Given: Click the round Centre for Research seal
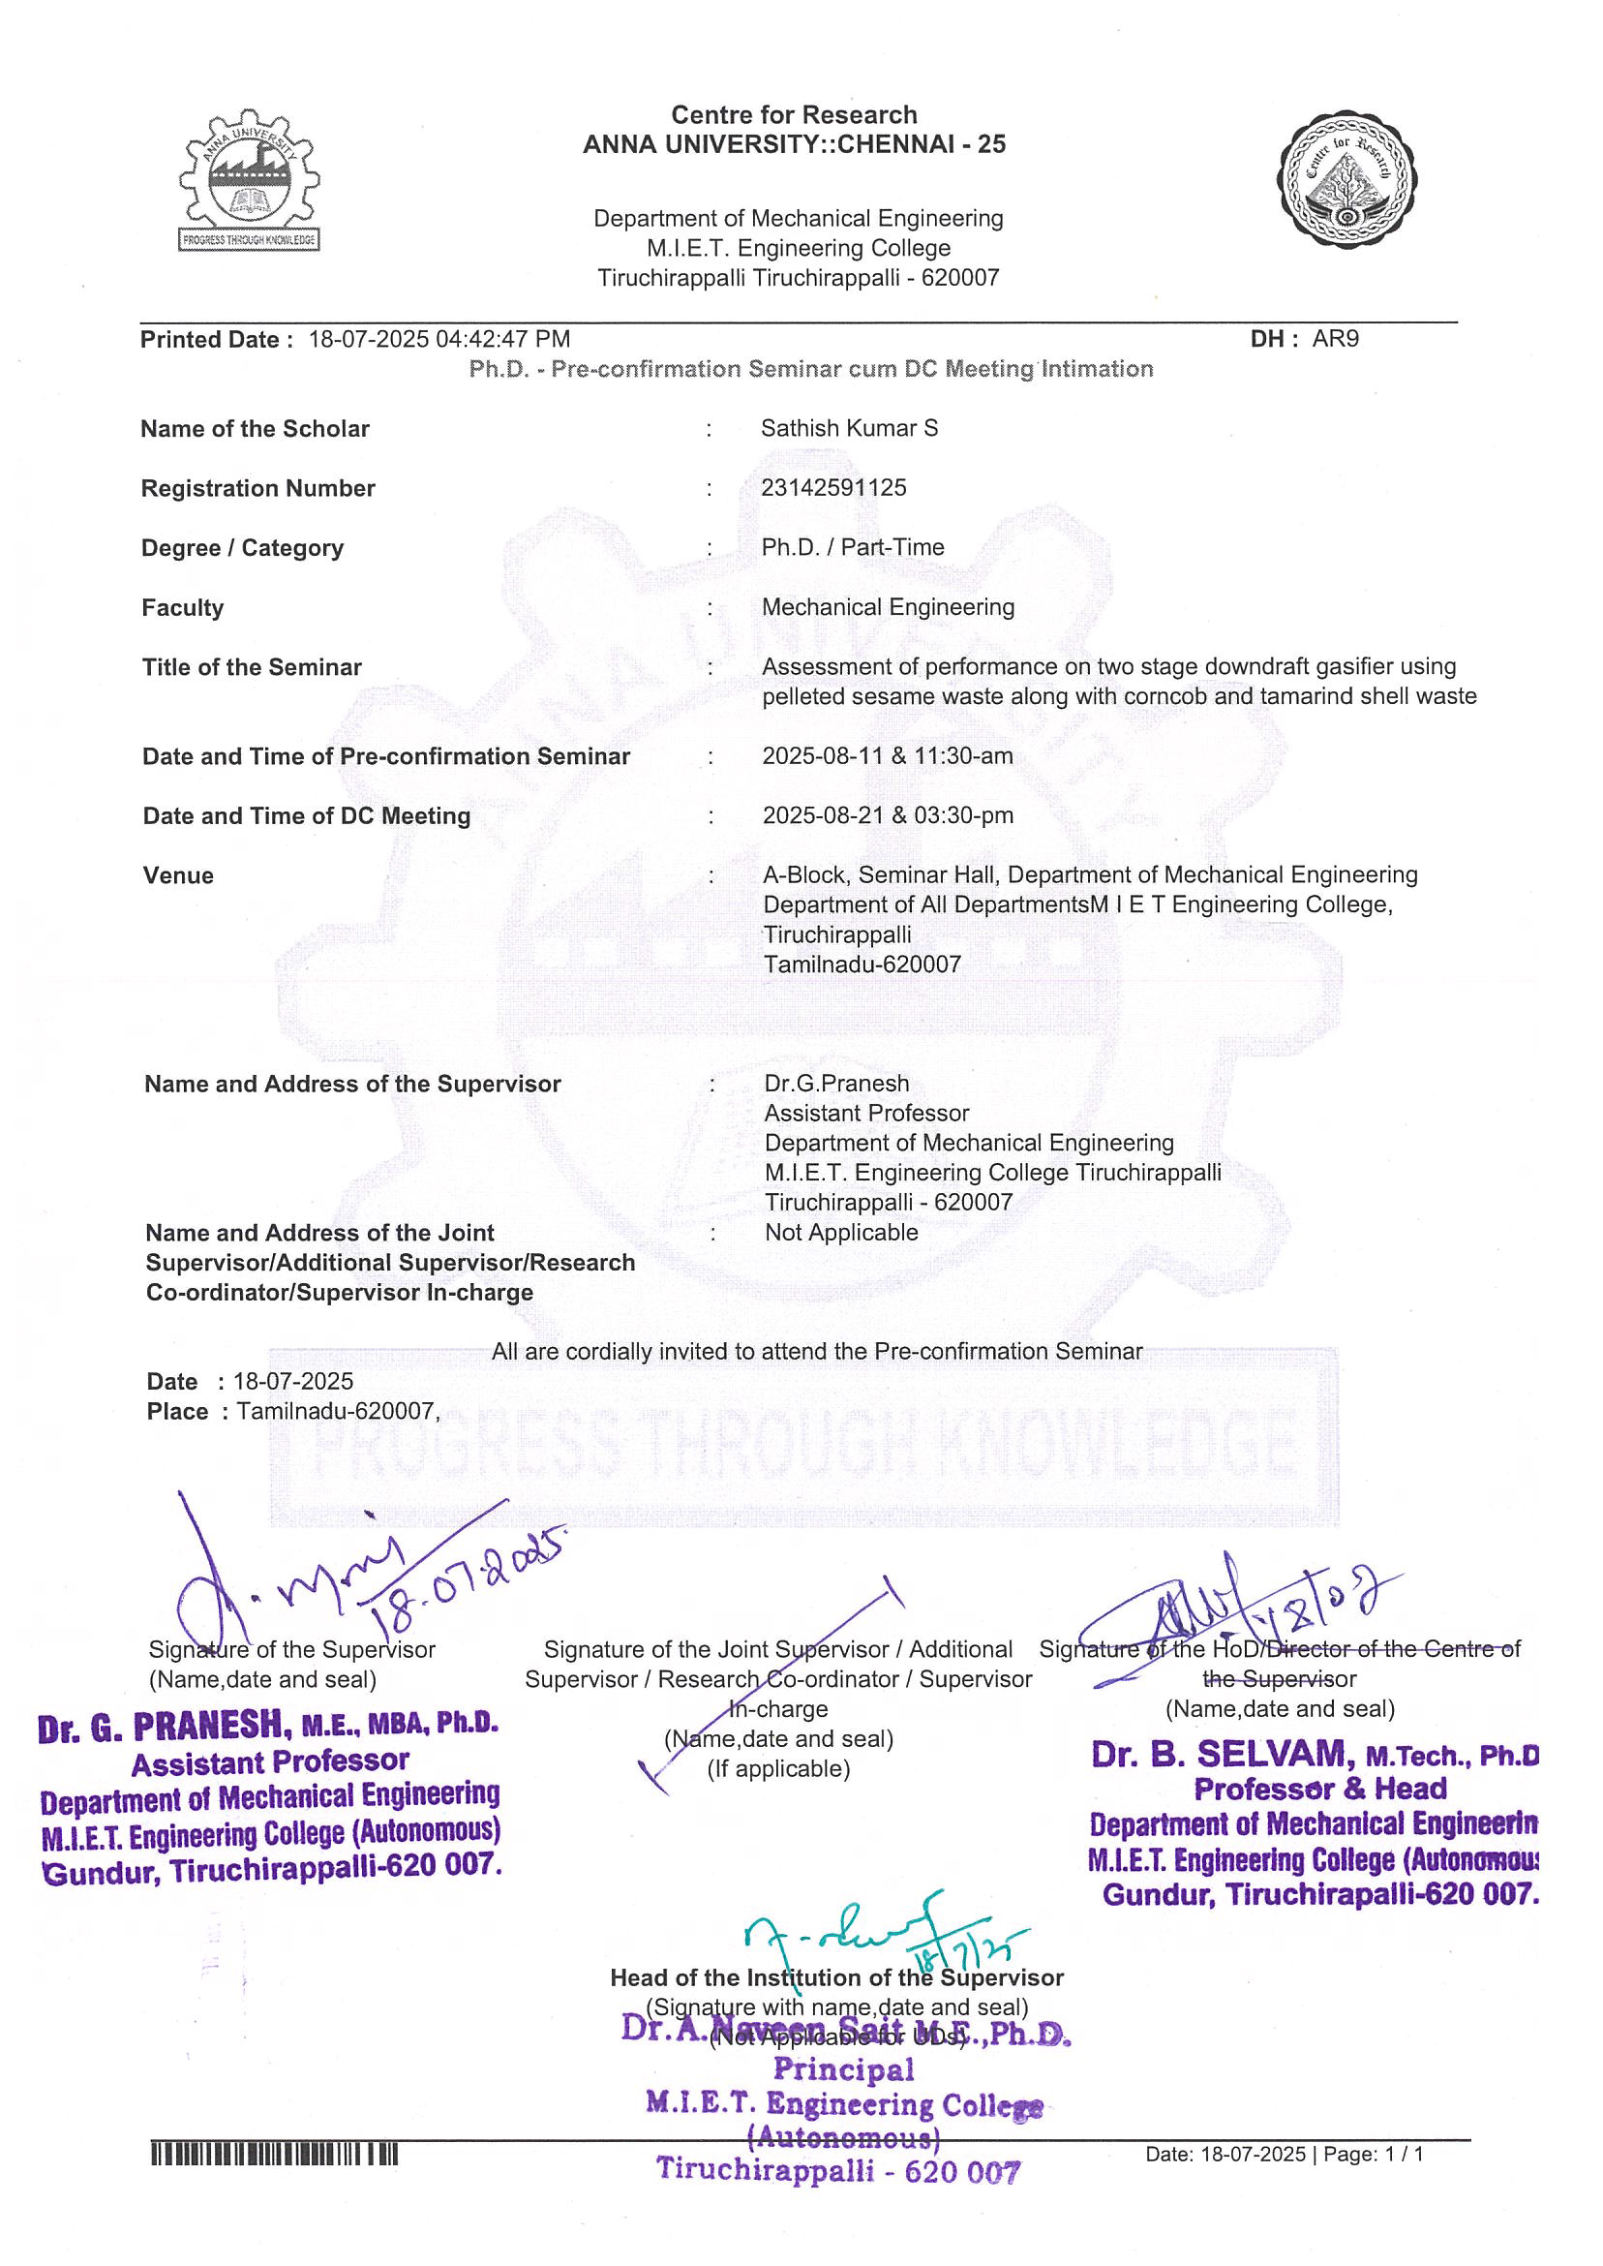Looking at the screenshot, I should [1347, 179].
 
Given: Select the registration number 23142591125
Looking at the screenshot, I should [833, 488].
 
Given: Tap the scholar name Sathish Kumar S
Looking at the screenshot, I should [849, 429].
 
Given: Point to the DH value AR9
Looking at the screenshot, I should [1335, 339].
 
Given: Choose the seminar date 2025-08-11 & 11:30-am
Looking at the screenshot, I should [888, 756].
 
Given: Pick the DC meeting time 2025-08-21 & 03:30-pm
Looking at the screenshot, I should [888, 815].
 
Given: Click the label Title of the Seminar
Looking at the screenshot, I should [252, 667].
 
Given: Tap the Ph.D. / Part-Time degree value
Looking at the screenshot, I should [852, 547].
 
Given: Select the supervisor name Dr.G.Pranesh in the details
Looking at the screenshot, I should [836, 1084].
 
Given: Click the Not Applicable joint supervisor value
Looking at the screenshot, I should [841, 1232].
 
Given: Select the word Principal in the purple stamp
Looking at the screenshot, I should [843, 2070].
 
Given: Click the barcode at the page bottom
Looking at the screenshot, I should [274, 2155].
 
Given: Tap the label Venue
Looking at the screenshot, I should [179, 875].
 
